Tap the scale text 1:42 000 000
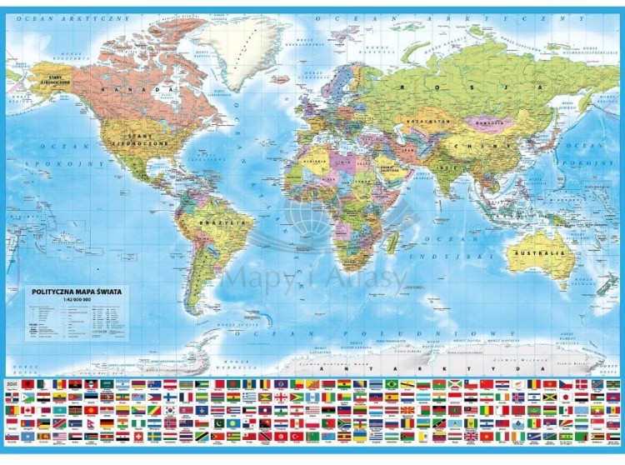pos(49,301)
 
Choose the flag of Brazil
pos(391,383)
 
